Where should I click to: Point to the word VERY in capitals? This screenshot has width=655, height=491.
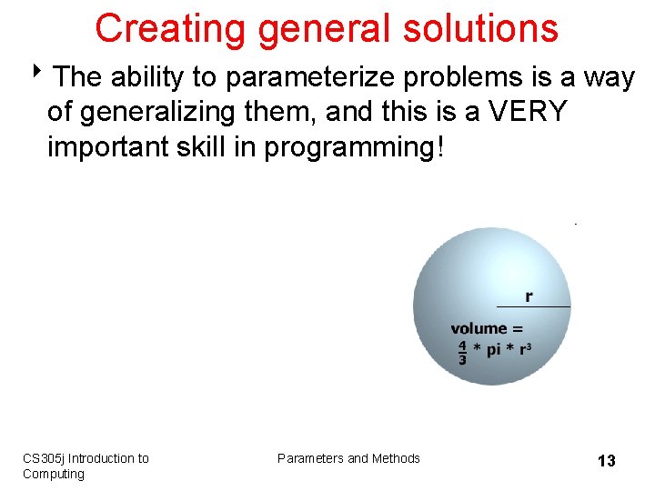pos(527,113)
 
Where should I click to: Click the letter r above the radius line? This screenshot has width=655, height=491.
pos(529,296)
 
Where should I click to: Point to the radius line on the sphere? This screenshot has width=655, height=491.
pos(533,307)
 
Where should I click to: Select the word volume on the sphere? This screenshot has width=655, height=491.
pos(479,328)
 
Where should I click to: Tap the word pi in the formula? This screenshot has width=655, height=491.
pos(496,351)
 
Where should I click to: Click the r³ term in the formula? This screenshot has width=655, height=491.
pos(525,350)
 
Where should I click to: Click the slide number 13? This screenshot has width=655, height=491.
pos(606,461)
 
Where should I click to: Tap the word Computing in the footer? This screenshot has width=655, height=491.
pos(54,474)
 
